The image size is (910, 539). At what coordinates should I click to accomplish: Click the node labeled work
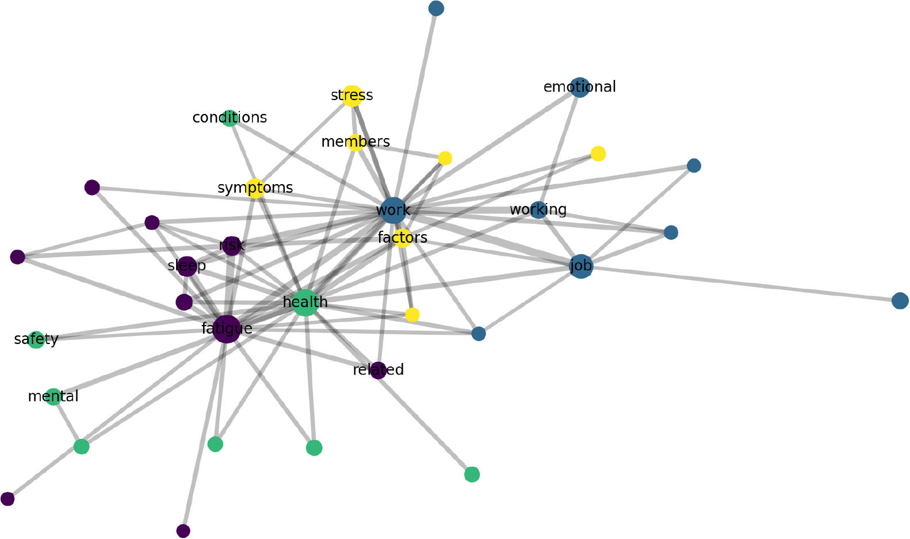pyautogui.click(x=393, y=211)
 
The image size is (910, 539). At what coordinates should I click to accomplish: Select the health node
pyautogui.click(x=305, y=303)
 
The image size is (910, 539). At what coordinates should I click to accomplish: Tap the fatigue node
pyautogui.click(x=227, y=329)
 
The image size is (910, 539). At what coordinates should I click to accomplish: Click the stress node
pyautogui.click(x=352, y=96)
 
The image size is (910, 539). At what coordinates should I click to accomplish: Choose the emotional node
pyautogui.click(x=580, y=87)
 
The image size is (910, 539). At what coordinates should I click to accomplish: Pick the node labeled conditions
pyautogui.click(x=230, y=118)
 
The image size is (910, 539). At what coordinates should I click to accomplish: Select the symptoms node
pyautogui.click(x=255, y=188)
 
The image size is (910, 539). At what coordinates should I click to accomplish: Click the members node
pyautogui.click(x=356, y=143)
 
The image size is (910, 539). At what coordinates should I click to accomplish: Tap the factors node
pyautogui.click(x=402, y=238)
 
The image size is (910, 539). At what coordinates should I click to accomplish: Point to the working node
pyautogui.click(x=538, y=210)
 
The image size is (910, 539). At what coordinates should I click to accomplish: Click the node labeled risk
pyautogui.click(x=232, y=246)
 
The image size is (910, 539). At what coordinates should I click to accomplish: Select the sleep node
pyautogui.click(x=187, y=266)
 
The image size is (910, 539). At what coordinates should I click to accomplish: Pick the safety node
pyautogui.click(x=36, y=339)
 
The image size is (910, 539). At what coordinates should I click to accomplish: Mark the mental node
pyautogui.click(x=53, y=397)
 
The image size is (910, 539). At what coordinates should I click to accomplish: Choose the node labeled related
pyautogui.click(x=378, y=370)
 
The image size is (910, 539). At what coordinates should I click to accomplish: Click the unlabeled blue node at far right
pyautogui.click(x=900, y=301)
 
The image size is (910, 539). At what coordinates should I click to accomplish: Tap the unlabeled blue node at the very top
pyautogui.click(x=436, y=8)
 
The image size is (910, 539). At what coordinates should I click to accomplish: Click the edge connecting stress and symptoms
pyautogui.click(x=304, y=142)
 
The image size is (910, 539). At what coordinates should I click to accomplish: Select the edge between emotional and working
pyautogui.click(x=559, y=148)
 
